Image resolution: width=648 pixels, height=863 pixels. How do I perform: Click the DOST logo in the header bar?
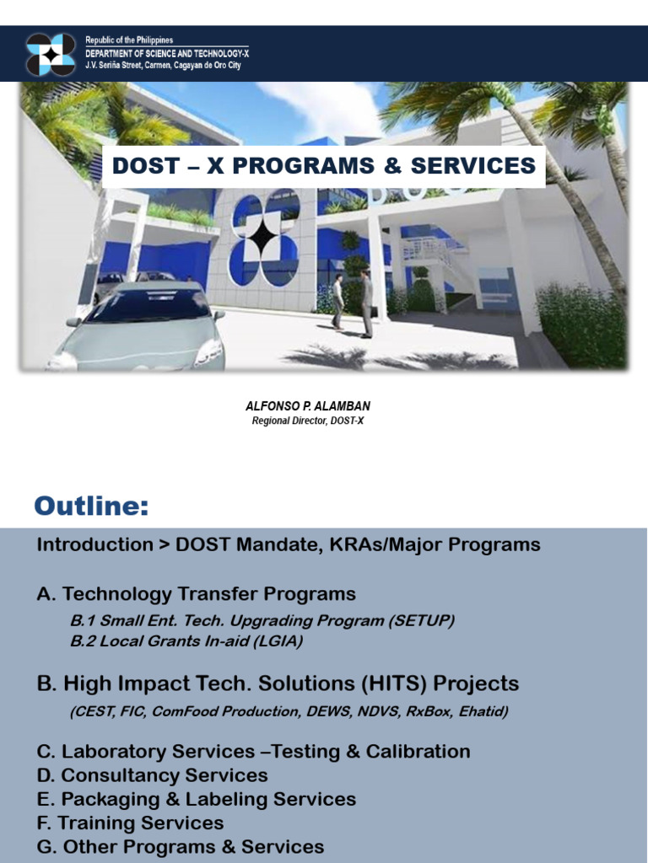pyautogui.click(x=51, y=54)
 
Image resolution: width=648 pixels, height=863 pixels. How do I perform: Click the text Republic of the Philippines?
pyautogui.click(x=129, y=40)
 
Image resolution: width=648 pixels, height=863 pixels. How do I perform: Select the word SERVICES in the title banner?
pyautogui.click(x=472, y=165)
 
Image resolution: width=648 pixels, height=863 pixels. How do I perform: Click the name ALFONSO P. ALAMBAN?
pyautogui.click(x=307, y=406)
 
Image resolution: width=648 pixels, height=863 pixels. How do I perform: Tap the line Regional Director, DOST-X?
pyautogui.click(x=307, y=421)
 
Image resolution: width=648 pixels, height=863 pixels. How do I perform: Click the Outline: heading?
pyautogui.click(x=91, y=506)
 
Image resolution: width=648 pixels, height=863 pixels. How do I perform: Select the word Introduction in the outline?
pyautogui.click(x=94, y=544)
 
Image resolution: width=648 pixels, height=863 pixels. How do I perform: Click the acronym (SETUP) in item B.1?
pyautogui.click(x=421, y=621)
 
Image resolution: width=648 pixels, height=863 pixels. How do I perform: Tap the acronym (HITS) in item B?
pyautogui.click(x=394, y=683)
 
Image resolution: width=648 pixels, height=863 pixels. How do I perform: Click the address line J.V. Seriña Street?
pyautogui.click(x=163, y=65)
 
